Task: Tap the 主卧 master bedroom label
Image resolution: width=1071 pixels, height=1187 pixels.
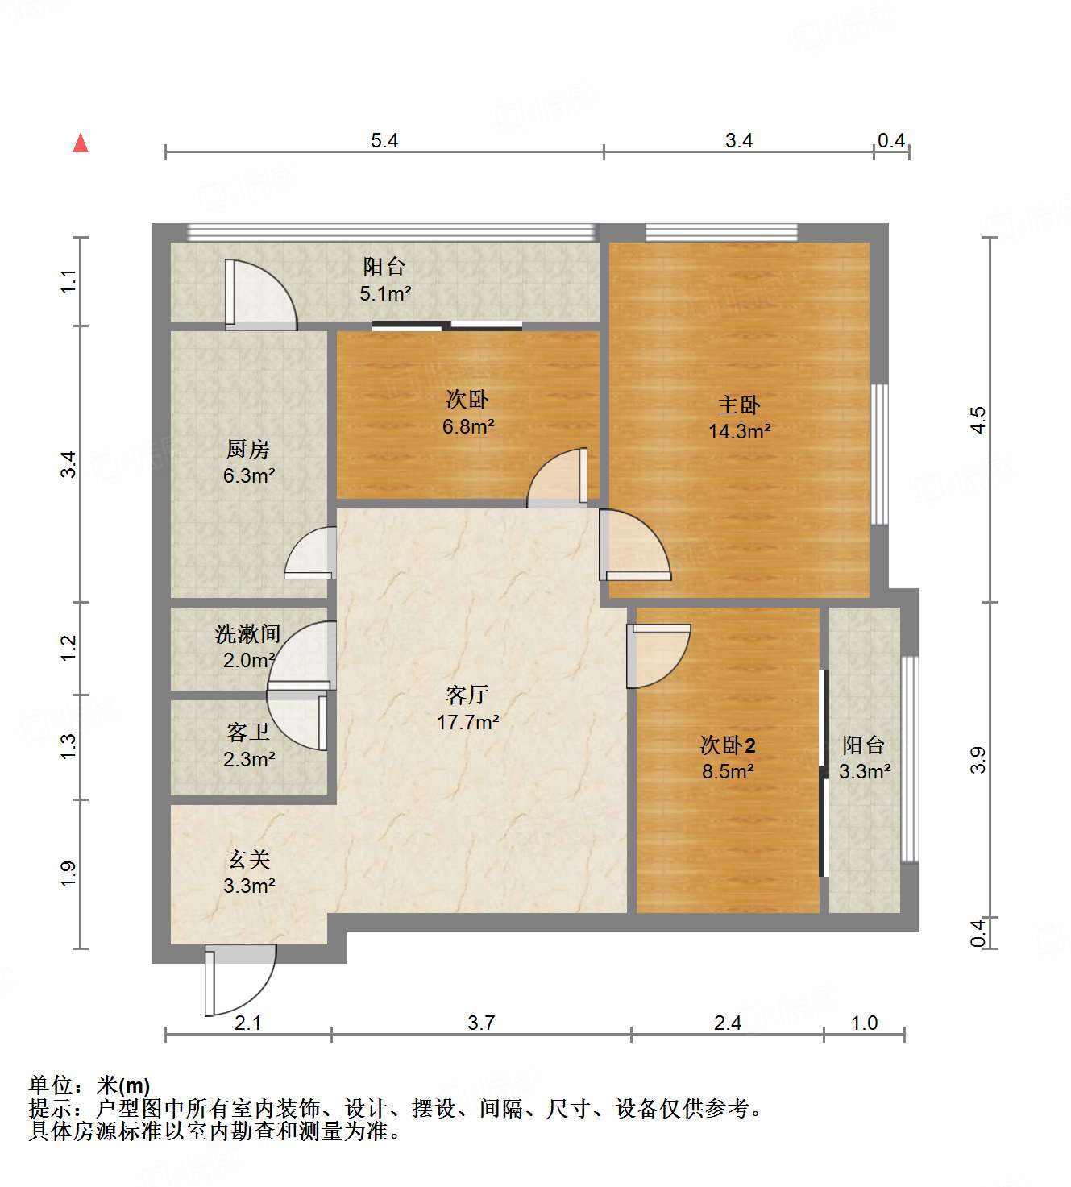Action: click(x=738, y=405)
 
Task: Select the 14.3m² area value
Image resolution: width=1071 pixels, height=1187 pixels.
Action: click(x=739, y=431)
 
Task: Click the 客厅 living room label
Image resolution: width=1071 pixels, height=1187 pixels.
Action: click(x=467, y=695)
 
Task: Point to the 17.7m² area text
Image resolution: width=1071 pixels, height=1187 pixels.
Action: click(x=467, y=722)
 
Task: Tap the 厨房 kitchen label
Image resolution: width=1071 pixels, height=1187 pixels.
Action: click(x=248, y=449)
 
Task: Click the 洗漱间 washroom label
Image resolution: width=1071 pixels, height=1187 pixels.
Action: click(x=247, y=634)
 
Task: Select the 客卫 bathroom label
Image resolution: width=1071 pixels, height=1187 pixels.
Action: click(x=248, y=733)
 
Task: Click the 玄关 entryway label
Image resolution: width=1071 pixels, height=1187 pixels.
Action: click(x=248, y=860)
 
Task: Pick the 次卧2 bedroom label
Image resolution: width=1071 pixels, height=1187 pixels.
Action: click(x=728, y=745)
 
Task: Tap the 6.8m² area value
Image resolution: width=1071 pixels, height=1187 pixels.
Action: click(x=467, y=426)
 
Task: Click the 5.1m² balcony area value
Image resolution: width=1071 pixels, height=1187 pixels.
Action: click(x=385, y=293)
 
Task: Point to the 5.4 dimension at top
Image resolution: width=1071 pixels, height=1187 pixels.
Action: click(x=384, y=141)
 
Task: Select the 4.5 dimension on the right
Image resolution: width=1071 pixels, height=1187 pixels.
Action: click(x=978, y=420)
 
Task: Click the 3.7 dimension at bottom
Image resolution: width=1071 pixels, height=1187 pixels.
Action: click(x=481, y=1023)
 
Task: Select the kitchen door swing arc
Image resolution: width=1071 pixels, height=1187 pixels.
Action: click(x=310, y=553)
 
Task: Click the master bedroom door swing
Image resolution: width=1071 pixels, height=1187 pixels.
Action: click(x=635, y=546)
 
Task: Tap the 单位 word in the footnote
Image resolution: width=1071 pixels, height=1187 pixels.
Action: click(x=50, y=1085)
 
